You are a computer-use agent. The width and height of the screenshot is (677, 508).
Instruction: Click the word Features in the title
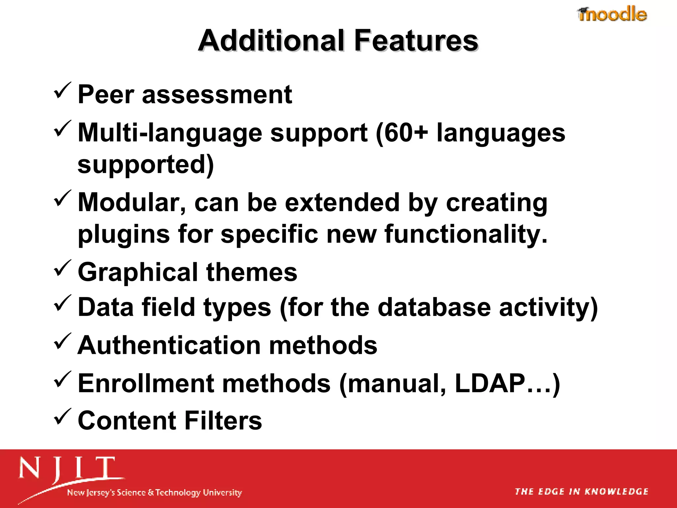(416, 41)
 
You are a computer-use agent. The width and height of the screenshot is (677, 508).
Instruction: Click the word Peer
(105, 95)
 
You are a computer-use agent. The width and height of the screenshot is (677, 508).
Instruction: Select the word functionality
(466, 234)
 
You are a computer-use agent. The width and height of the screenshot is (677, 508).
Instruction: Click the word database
(434, 307)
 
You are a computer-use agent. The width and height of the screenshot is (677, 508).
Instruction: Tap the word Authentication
(169, 345)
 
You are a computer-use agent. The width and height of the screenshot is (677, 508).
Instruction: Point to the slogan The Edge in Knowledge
(581, 491)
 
